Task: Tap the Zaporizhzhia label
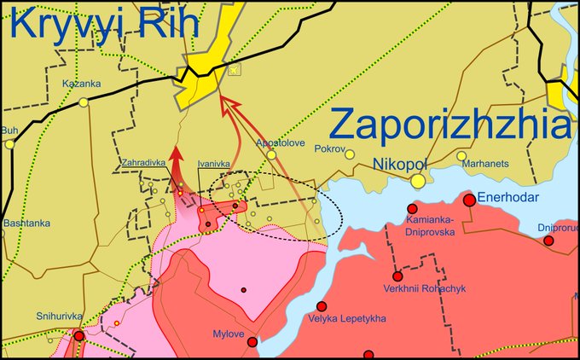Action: (x=449, y=125)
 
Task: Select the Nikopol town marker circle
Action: (x=418, y=181)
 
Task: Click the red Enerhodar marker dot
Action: (x=469, y=200)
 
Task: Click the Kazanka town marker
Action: (x=84, y=102)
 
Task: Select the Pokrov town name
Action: (x=329, y=149)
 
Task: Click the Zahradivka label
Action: (x=144, y=160)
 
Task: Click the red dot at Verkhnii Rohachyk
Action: (x=397, y=276)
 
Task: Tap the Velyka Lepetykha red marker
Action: (x=322, y=306)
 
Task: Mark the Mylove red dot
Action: (x=252, y=342)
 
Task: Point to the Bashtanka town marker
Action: (x=10, y=209)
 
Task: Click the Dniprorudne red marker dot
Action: (x=548, y=241)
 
